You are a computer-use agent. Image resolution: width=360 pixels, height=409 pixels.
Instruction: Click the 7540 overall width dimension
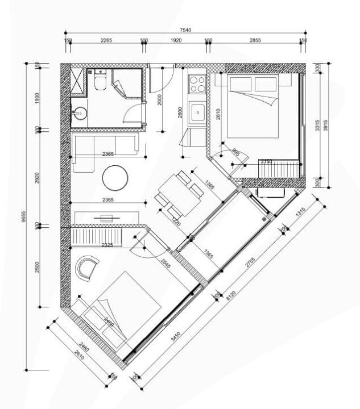coord(185,30)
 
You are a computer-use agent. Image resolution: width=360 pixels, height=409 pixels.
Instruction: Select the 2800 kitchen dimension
coord(180,111)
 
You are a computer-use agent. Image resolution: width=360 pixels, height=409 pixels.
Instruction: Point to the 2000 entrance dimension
coord(162,100)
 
